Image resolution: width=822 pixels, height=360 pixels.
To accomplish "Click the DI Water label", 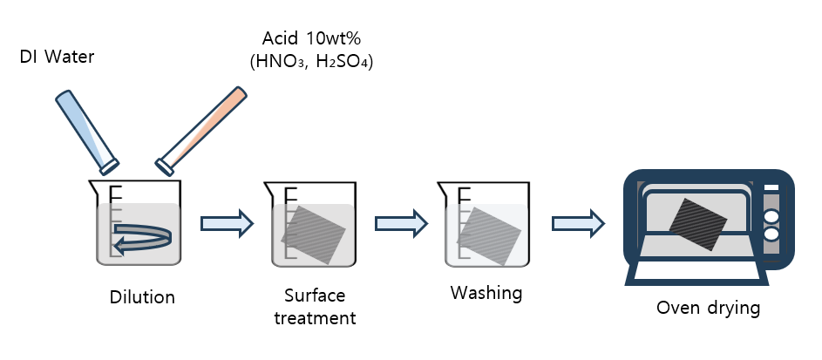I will coord(57,58).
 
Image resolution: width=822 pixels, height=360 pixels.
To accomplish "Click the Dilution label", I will coord(143,297).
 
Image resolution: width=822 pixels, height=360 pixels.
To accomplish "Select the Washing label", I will coord(486,292).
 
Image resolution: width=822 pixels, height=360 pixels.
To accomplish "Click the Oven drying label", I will coord(709,308).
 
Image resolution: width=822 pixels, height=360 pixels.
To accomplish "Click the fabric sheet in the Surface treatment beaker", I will coord(314,234).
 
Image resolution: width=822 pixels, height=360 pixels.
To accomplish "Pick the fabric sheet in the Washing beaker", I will coord(489,234).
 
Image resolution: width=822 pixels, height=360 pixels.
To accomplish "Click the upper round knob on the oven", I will coord(771,215).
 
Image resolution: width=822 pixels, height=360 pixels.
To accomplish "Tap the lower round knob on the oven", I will coord(771,233).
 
